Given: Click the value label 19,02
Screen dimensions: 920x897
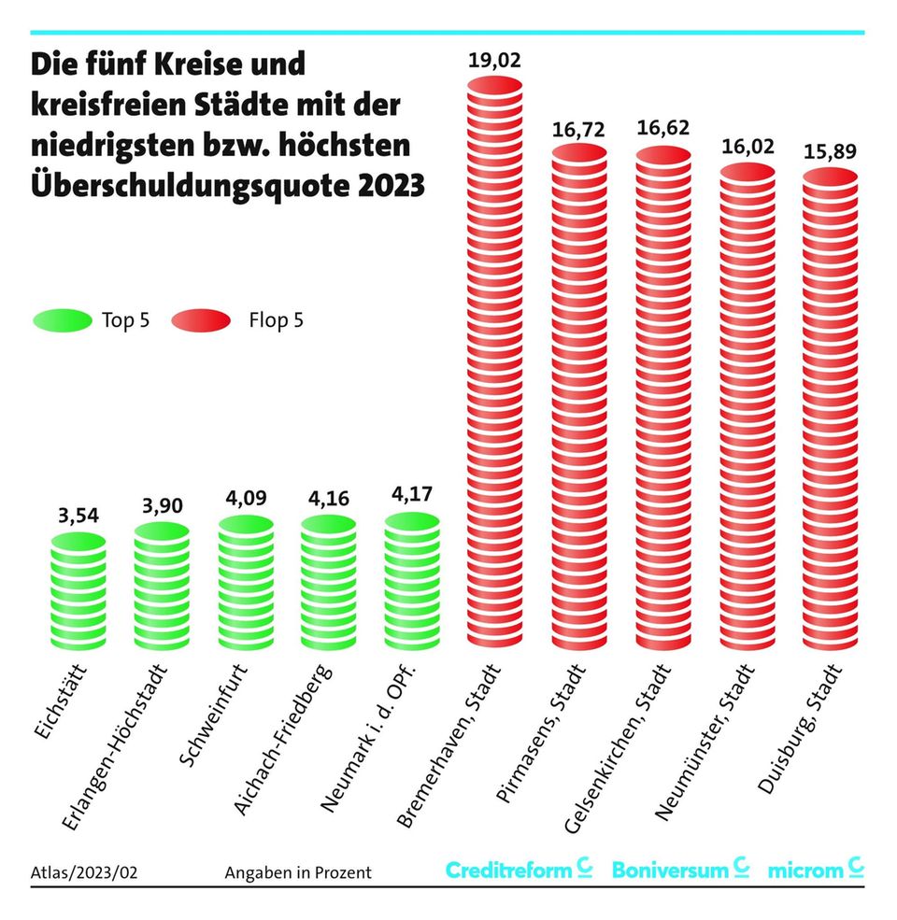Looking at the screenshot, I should (494, 64).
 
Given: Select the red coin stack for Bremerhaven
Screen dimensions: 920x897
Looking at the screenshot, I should (494, 364).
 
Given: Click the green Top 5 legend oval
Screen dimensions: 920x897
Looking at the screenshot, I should (62, 320).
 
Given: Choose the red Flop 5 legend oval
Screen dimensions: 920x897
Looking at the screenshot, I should (201, 320).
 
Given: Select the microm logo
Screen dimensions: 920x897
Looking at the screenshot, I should (815, 870).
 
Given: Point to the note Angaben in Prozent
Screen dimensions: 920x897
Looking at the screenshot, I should (298, 872).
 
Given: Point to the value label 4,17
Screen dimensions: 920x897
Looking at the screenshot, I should (411, 495).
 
